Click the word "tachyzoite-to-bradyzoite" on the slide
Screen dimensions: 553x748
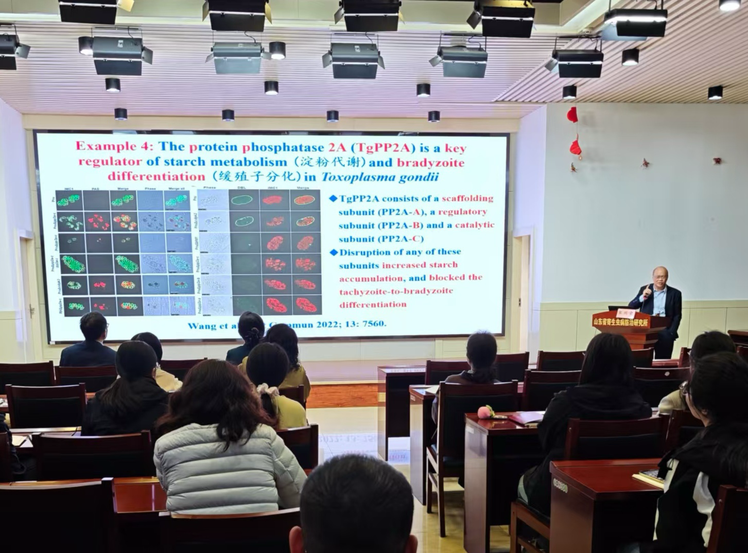coord(396,291)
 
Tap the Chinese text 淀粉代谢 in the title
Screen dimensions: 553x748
coord(341,163)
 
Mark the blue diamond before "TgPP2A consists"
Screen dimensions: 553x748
coord(333,198)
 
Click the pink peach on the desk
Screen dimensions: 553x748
coord(485,411)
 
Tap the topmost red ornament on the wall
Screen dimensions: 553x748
coord(572,115)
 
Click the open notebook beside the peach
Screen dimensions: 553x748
coord(525,417)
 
